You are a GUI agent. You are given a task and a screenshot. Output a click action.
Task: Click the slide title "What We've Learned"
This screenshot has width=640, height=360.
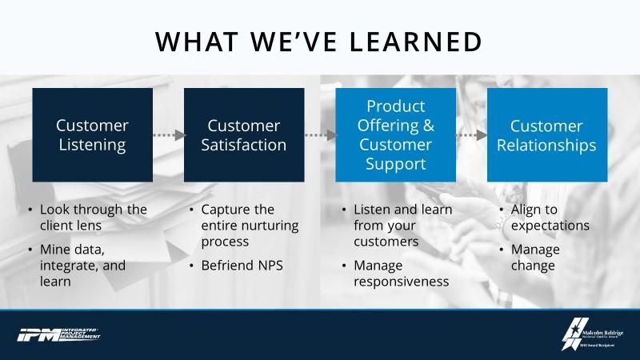click(x=319, y=41)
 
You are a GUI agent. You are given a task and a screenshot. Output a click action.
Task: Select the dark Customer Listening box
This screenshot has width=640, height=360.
click(x=92, y=134)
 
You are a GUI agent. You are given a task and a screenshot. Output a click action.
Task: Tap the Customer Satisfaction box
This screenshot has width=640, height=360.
click(x=244, y=134)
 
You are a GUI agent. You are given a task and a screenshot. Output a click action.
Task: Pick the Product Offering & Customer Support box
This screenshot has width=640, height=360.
click(x=395, y=134)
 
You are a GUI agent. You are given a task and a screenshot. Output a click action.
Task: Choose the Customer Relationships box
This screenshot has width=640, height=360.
click(x=547, y=134)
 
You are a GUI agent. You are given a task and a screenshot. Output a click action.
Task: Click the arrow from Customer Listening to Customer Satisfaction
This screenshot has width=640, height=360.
click(x=168, y=135)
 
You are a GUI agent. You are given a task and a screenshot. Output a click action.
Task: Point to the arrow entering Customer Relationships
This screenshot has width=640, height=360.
click(x=472, y=135)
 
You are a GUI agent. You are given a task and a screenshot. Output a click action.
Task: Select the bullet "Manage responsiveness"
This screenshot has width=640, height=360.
click(x=400, y=273)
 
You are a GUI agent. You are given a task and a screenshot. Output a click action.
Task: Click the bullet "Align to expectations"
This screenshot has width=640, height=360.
click(x=550, y=217)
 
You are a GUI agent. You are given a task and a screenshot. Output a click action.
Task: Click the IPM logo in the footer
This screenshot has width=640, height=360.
click(x=60, y=334)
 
